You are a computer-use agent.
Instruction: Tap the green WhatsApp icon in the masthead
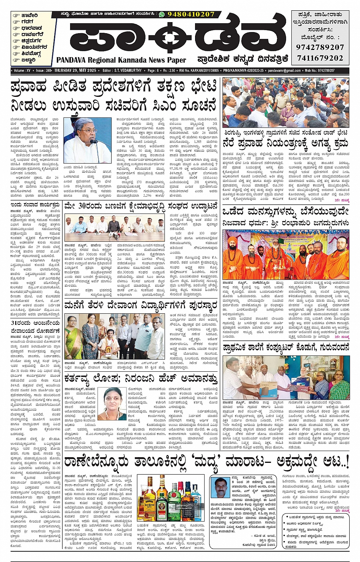click(x=162, y=14)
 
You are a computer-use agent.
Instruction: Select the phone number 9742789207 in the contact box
click(x=320, y=47)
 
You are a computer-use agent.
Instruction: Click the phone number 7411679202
click(x=320, y=58)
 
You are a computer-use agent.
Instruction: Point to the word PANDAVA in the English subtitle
click(x=71, y=60)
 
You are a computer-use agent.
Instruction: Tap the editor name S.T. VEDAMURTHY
click(x=128, y=71)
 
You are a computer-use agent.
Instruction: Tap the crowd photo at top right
click(x=286, y=103)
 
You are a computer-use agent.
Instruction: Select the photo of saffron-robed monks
click(x=286, y=254)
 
